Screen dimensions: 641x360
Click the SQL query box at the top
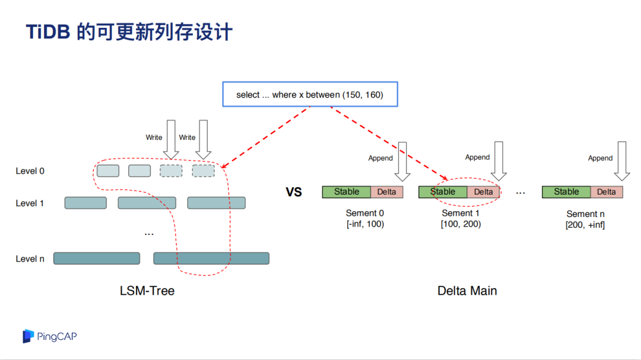tap(310, 94)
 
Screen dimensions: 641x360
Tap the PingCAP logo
tap(49, 336)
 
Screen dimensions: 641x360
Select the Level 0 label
tap(30, 171)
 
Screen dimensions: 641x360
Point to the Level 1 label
tap(30, 203)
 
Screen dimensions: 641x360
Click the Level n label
tap(30, 259)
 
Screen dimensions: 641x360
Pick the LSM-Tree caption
tap(147, 291)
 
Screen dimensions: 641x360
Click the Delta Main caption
tap(467, 291)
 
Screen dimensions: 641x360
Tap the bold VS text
tap(294, 192)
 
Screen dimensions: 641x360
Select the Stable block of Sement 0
tap(346, 192)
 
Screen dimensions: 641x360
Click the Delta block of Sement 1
tap(483, 192)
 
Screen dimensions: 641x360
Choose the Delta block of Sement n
tap(607, 192)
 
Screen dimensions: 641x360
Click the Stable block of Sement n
tap(566, 192)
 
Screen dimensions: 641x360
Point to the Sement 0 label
tap(364, 213)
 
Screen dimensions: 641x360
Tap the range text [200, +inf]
tap(585, 225)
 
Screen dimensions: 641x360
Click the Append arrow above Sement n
tap(622, 161)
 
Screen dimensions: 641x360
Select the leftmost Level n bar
tap(97, 258)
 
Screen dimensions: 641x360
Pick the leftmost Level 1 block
tap(85, 203)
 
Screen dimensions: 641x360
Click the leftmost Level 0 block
tap(108, 171)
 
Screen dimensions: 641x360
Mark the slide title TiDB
tap(48, 32)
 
